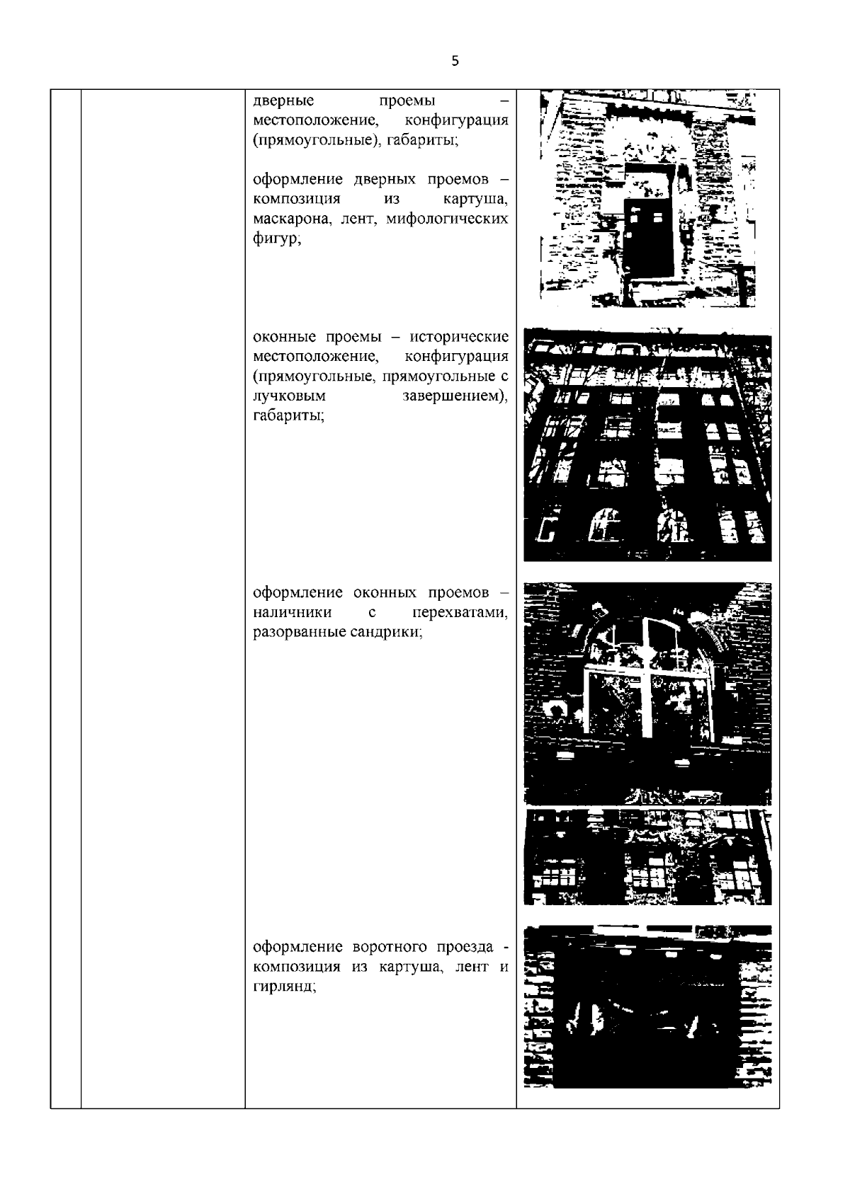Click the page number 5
pyautogui.click(x=455, y=61)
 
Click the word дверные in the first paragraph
pyautogui.click(x=283, y=100)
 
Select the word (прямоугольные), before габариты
pyautogui.click(x=315, y=141)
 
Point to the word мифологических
pyautogui.click(x=447, y=219)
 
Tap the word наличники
pyautogui.click(x=292, y=612)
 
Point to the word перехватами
pyautogui.click(x=460, y=612)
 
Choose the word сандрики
pyautogui.click(x=386, y=632)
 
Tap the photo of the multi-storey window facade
pyautogui.click(x=647, y=444)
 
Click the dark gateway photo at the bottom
pyautogui.click(x=647, y=1007)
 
